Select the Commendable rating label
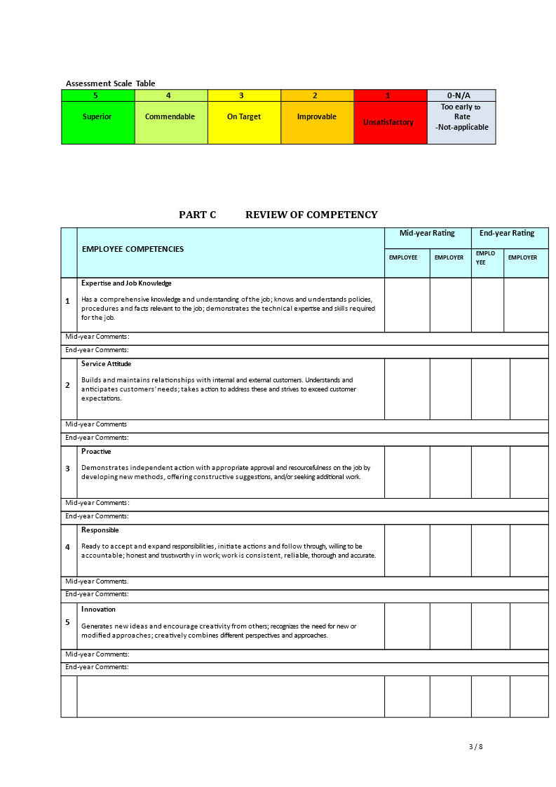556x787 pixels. [170, 117]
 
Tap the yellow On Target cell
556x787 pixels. [244, 117]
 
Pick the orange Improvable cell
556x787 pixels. [317, 117]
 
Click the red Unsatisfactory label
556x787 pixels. [388, 123]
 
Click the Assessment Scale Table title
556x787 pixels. [111, 83]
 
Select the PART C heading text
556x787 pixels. [198, 215]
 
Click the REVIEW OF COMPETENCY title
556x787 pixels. [311, 215]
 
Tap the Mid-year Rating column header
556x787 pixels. [427, 234]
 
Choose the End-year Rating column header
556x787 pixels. [507, 234]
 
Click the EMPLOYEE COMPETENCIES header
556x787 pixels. [133, 249]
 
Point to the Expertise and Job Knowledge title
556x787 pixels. [126, 283]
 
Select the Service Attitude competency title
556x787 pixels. [106, 364]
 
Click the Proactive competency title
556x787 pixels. [96, 452]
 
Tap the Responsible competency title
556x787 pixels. [100, 530]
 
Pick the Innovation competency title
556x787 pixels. [98, 610]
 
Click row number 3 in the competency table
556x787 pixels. [68, 469]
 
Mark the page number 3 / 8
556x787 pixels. [476, 746]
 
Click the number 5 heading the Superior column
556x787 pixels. [95, 95]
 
